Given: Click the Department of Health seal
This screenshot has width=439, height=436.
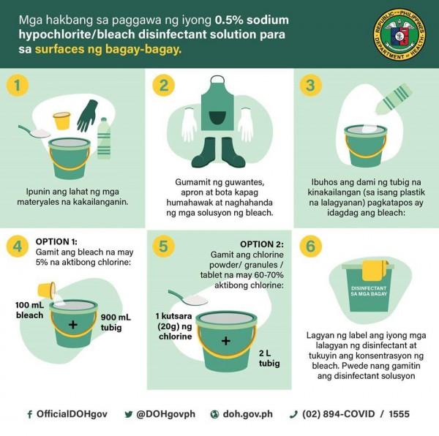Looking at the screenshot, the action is pyautogui.click(x=399, y=34).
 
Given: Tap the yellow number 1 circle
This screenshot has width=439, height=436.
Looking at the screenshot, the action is pyautogui.click(x=18, y=86).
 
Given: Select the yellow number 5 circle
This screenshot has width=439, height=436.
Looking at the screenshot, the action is pyautogui.click(x=163, y=247).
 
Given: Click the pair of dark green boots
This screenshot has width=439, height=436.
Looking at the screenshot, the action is pyautogui.click(x=218, y=152).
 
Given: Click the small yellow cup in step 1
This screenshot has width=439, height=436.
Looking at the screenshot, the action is pyautogui.click(x=62, y=121).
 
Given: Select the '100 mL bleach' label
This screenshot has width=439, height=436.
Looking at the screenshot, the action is pyautogui.click(x=29, y=309).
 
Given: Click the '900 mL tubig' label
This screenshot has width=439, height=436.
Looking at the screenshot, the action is pyautogui.click(x=116, y=323).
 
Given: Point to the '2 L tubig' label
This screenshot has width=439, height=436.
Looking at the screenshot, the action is pyautogui.click(x=269, y=358).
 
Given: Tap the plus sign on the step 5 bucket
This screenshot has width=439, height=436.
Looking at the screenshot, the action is pyautogui.click(x=225, y=341).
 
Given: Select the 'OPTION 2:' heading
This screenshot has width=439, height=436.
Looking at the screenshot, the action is pyautogui.click(x=262, y=244).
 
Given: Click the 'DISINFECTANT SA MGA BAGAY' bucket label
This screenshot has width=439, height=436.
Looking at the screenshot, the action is pyautogui.click(x=369, y=291).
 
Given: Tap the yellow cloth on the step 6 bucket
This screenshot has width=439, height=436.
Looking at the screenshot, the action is pyautogui.click(x=375, y=271).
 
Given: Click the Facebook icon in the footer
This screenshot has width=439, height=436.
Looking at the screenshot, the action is pyautogui.click(x=30, y=414).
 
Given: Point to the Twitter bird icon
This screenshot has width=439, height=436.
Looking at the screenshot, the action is pyautogui.click(x=129, y=414).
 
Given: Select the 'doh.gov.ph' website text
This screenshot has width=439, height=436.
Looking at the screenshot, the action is pyautogui.click(x=247, y=414).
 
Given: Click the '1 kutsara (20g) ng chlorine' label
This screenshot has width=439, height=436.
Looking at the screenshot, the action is pyautogui.click(x=174, y=326).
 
